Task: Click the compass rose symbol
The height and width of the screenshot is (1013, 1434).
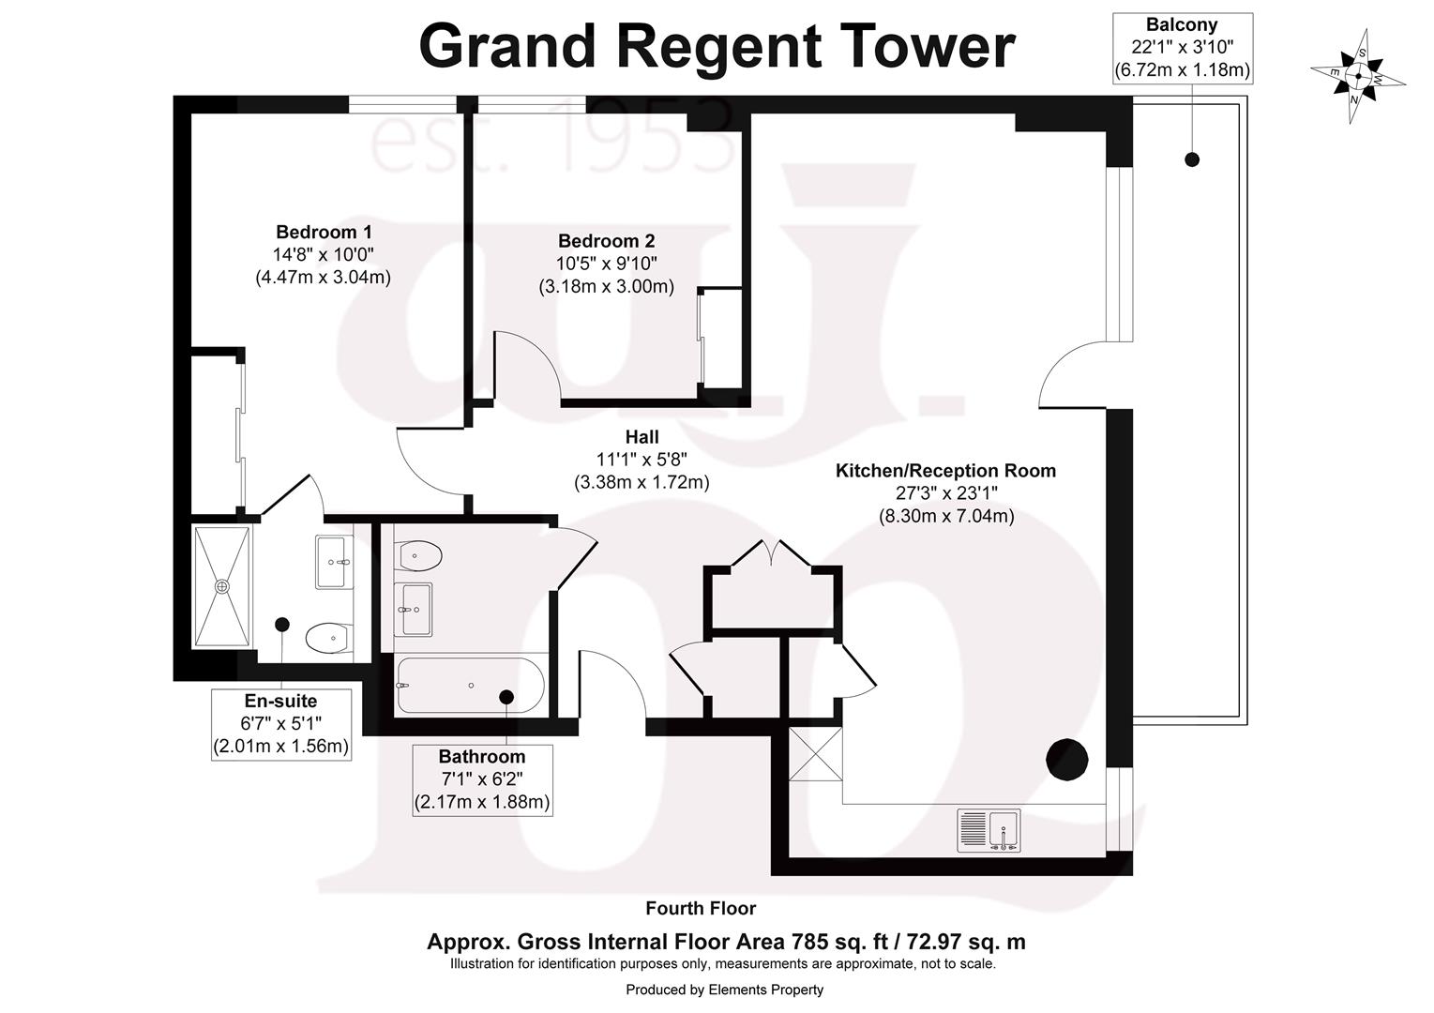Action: tap(1357, 77)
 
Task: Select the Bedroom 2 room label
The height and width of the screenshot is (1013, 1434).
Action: tap(606, 241)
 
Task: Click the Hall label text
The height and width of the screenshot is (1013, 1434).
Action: tap(642, 437)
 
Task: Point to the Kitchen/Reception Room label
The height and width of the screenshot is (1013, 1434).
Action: tap(945, 471)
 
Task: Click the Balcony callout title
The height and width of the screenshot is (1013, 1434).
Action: tap(1182, 25)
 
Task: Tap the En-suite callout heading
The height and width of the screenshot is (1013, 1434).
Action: tap(280, 701)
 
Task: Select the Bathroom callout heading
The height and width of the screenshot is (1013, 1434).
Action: tap(482, 756)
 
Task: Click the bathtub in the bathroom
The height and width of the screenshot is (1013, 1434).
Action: tap(469, 685)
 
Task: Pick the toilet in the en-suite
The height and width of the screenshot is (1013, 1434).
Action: tap(327, 640)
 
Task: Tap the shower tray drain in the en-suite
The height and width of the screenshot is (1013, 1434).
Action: tap(222, 586)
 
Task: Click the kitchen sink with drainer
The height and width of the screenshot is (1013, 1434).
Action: tap(988, 830)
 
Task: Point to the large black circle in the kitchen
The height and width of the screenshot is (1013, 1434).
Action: tap(1066, 759)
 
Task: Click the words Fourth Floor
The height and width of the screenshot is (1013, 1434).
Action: tap(701, 908)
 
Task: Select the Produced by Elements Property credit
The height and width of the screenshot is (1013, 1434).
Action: tap(724, 990)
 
